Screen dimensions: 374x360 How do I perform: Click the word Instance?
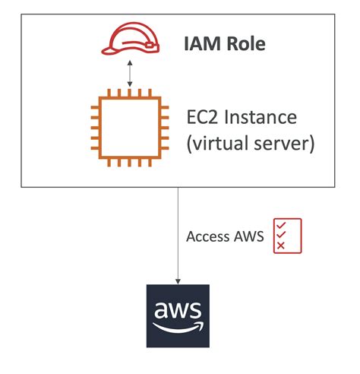[x=266, y=119]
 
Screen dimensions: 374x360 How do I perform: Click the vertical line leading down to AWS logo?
[x=178, y=228]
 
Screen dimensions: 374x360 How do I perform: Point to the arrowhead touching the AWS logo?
[x=178, y=281]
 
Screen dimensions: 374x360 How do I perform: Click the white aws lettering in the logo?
[x=178, y=311]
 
